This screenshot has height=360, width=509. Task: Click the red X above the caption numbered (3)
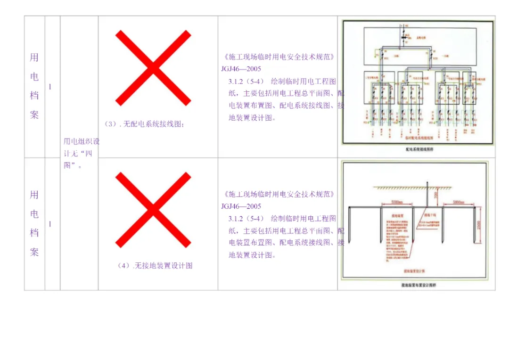pos(153,68)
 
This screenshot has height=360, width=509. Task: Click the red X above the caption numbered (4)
pos(153,210)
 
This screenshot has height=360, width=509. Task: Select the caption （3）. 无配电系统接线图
pos(145,124)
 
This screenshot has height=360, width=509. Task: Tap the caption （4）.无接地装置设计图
pos(155,266)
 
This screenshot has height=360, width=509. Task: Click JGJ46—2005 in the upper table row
pos(241,69)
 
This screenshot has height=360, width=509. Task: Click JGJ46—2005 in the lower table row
pos(241,206)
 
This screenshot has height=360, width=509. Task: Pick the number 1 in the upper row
pos(50,87)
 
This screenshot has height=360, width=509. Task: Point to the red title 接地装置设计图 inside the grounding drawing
pos(415,271)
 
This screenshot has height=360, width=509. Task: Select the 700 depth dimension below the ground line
pos(436,195)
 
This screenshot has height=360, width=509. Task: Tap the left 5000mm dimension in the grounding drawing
pos(397,203)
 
